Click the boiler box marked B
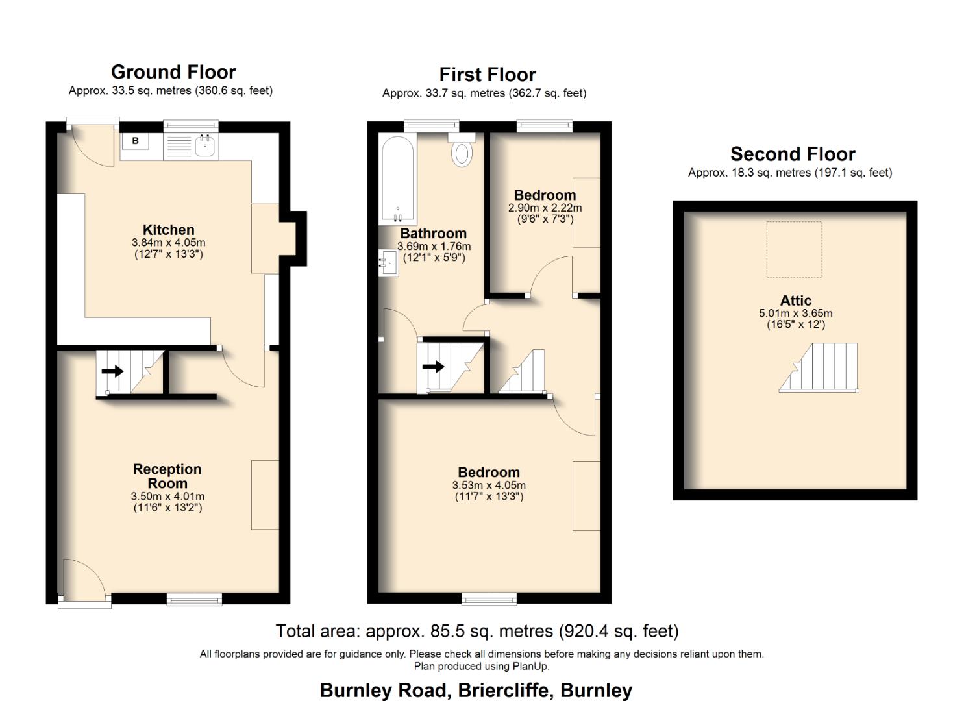coord(135,141)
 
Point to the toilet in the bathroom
coord(462,152)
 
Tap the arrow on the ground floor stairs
coord(113,371)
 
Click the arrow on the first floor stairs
coord(433,367)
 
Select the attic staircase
coord(819,368)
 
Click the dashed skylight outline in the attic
coord(794,250)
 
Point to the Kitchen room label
coord(168,230)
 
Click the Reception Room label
coord(167,476)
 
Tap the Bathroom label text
coord(433,234)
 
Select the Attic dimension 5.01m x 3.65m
coord(795,314)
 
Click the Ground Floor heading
coord(173,72)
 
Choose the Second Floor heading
coord(793,154)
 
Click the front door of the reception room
coord(84,584)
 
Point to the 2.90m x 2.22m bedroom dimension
coord(545,208)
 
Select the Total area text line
coord(477,631)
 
